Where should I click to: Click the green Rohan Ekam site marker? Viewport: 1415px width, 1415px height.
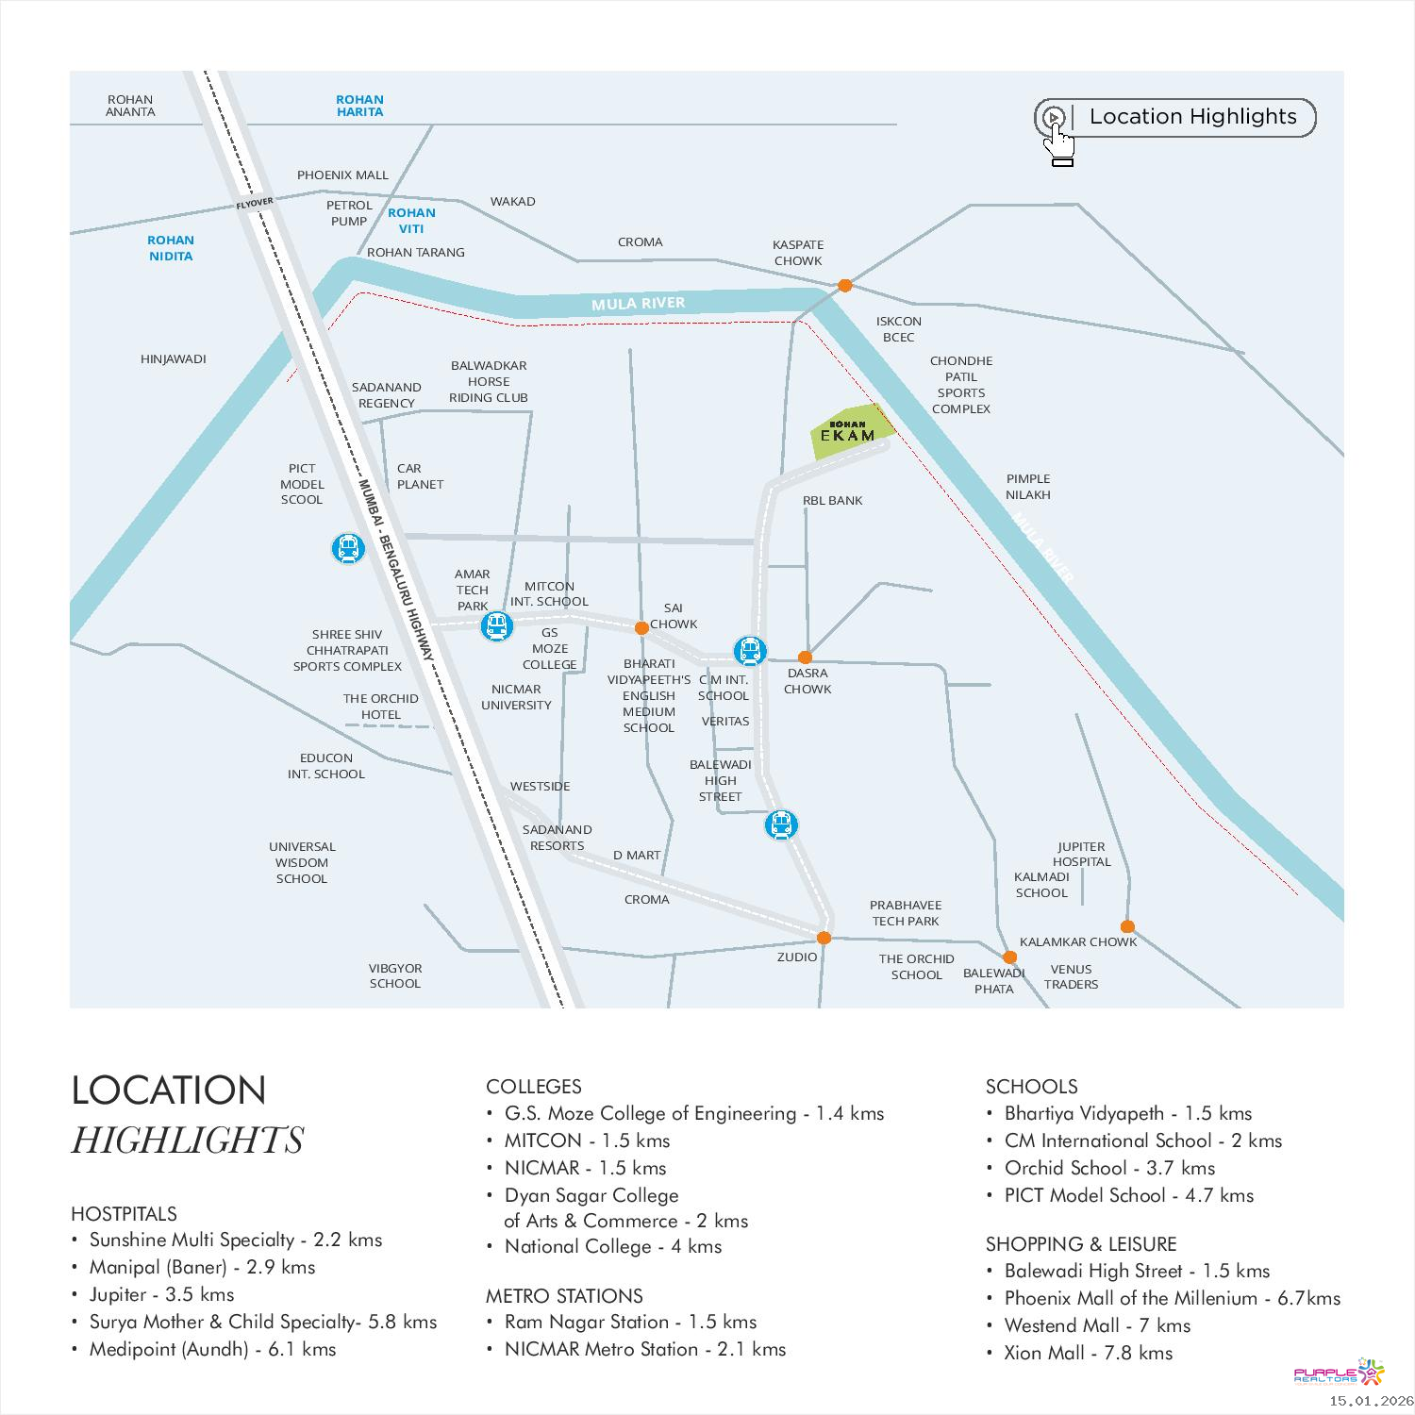[848, 433]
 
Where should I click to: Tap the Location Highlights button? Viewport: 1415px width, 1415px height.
[1174, 118]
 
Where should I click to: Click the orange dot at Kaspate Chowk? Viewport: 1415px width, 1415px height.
[845, 285]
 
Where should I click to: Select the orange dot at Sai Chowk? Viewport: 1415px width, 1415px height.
[641, 627]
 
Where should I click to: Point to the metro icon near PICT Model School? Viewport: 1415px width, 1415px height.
[348, 548]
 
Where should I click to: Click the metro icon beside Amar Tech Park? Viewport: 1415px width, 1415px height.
[496, 625]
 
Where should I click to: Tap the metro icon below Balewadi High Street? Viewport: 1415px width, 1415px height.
[781, 825]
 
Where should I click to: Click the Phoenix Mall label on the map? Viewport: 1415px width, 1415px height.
[342, 175]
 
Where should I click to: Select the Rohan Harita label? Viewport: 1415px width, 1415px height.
[359, 106]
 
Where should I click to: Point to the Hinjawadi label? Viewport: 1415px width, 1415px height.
[173, 359]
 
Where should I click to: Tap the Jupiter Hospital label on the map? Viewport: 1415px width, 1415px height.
[1081, 855]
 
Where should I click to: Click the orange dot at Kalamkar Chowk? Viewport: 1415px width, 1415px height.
[1127, 926]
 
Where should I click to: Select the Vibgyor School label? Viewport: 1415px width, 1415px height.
[395, 976]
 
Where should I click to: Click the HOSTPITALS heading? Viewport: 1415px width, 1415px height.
[124, 1214]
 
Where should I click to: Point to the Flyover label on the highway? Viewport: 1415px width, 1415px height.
[255, 203]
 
